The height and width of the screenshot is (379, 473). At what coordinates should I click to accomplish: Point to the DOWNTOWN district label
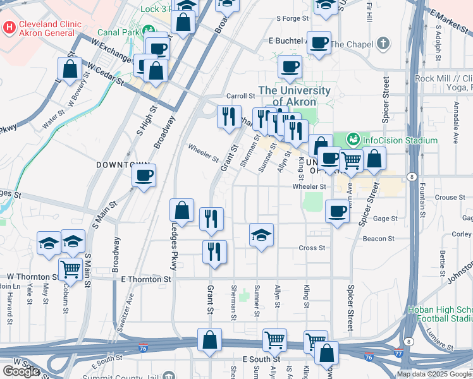pyautogui.click(x=116, y=164)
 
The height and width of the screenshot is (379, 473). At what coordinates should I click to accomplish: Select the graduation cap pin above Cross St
pyautogui.click(x=261, y=235)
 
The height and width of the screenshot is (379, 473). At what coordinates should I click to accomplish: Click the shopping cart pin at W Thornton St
pyautogui.click(x=71, y=270)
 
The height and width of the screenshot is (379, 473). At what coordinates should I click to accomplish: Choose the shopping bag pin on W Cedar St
pyautogui.click(x=70, y=69)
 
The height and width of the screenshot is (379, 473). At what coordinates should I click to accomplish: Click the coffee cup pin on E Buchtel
pyautogui.click(x=319, y=42)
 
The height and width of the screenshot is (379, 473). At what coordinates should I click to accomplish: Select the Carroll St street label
pyautogui.click(x=240, y=95)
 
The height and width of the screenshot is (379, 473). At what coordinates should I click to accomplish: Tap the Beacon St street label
pyautogui.click(x=379, y=239)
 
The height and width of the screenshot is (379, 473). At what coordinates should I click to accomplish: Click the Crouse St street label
pyautogui.click(x=450, y=197)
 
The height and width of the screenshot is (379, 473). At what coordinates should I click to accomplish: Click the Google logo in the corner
pyautogui.click(x=21, y=371)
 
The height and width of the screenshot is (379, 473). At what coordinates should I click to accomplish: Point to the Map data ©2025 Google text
pyautogui.click(x=434, y=374)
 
